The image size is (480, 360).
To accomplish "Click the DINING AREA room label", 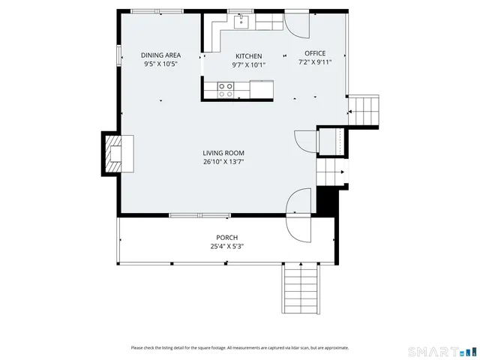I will tap(161, 55).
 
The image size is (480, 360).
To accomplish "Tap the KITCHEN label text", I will tap(248, 56).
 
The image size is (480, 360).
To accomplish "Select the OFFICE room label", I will tap(315, 53).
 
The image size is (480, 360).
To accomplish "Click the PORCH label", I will tap(227, 237).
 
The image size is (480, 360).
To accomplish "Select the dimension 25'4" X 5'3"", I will tap(227, 245).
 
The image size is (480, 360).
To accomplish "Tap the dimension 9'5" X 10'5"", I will tap(161, 64).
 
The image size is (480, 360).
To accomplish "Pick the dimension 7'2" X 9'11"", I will tap(315, 62).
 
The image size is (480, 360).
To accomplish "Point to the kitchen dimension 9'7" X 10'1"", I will tap(248, 64).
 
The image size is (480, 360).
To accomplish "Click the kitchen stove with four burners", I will tap(226, 90).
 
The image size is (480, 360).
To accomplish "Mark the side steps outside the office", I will tap(365, 112).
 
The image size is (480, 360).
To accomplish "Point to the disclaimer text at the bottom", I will tap(239, 347).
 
